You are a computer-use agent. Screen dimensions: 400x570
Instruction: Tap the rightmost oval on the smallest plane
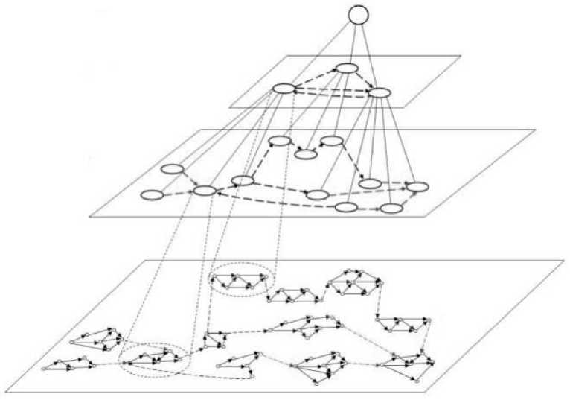[x=379, y=93]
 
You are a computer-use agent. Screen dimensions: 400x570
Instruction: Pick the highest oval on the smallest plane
[x=347, y=69]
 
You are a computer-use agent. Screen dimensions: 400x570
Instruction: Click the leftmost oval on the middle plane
[x=152, y=195]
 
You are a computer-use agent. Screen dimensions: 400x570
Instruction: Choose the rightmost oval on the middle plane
[x=418, y=185]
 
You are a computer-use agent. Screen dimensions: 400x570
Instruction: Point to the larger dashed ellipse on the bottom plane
[x=156, y=358]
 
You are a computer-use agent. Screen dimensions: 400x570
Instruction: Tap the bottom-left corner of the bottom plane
[x=17, y=392]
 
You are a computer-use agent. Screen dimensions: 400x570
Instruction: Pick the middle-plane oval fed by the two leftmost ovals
[x=205, y=191]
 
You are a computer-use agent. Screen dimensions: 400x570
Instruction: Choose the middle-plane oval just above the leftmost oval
[x=172, y=169]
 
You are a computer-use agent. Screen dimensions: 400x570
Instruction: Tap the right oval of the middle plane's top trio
[x=332, y=140]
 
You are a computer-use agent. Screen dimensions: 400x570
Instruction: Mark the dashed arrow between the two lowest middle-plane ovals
[x=368, y=209]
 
